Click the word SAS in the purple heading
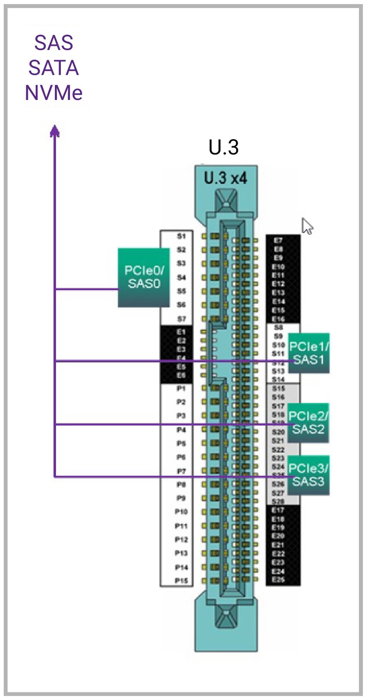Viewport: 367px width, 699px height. click(54, 43)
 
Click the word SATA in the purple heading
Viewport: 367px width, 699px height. click(54, 68)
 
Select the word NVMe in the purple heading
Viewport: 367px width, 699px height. click(54, 93)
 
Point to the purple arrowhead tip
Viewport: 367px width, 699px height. click(54, 126)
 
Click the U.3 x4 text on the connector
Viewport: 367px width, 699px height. click(225, 178)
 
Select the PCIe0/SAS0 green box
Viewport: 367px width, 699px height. click(144, 277)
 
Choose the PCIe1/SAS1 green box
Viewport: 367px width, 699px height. click(308, 353)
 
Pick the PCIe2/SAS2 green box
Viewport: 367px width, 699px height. click(308, 423)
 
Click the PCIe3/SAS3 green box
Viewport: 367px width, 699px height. click(308, 475)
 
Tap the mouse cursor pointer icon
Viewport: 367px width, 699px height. click(307, 226)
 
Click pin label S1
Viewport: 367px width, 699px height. click(181, 236)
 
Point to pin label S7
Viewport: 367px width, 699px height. click(181, 319)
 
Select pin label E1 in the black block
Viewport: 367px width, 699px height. click(181, 332)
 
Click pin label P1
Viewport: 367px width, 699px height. click(181, 389)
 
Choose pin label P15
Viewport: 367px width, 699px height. click(181, 580)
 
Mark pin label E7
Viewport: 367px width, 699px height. click(278, 241)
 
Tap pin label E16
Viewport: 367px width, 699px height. click(278, 319)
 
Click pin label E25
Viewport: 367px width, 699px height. click(278, 580)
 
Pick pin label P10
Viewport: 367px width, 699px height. click(181, 512)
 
